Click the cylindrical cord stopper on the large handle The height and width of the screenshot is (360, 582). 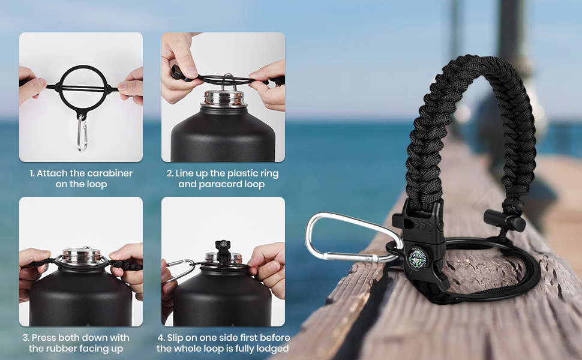505,220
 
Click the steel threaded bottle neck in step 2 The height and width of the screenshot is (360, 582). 224,99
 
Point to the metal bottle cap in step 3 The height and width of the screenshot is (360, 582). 82,256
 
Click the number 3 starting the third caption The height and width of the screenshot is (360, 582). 25,338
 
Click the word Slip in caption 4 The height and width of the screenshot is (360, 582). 175,338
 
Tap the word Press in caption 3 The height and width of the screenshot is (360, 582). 43,338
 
